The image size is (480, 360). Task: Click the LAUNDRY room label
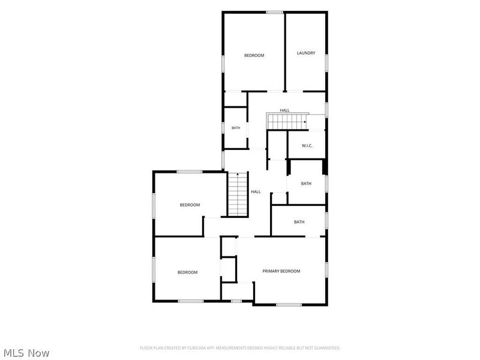(x=306, y=53)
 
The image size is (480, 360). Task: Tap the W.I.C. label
(x=307, y=146)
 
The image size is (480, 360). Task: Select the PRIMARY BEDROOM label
(x=281, y=271)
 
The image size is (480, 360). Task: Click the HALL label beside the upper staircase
(x=284, y=110)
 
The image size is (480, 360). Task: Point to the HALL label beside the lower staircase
(x=256, y=191)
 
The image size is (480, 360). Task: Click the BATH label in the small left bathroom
(x=236, y=128)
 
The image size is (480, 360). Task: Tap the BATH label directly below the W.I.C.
(x=306, y=184)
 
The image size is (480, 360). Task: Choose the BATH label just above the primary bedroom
(x=299, y=222)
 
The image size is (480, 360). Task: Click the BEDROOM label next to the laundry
(x=254, y=55)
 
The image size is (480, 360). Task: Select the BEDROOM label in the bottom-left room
(x=187, y=272)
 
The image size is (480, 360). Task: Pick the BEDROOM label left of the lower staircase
(x=190, y=205)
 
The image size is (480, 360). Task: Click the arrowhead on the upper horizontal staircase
(x=305, y=122)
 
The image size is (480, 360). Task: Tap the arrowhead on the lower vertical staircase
(x=238, y=174)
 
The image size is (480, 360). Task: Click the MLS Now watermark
(x=26, y=353)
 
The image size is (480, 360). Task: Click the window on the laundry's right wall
(x=326, y=64)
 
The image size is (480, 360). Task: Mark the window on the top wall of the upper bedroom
(x=274, y=12)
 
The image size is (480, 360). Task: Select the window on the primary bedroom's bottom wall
(x=289, y=305)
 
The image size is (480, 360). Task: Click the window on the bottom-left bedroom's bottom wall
(x=191, y=301)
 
